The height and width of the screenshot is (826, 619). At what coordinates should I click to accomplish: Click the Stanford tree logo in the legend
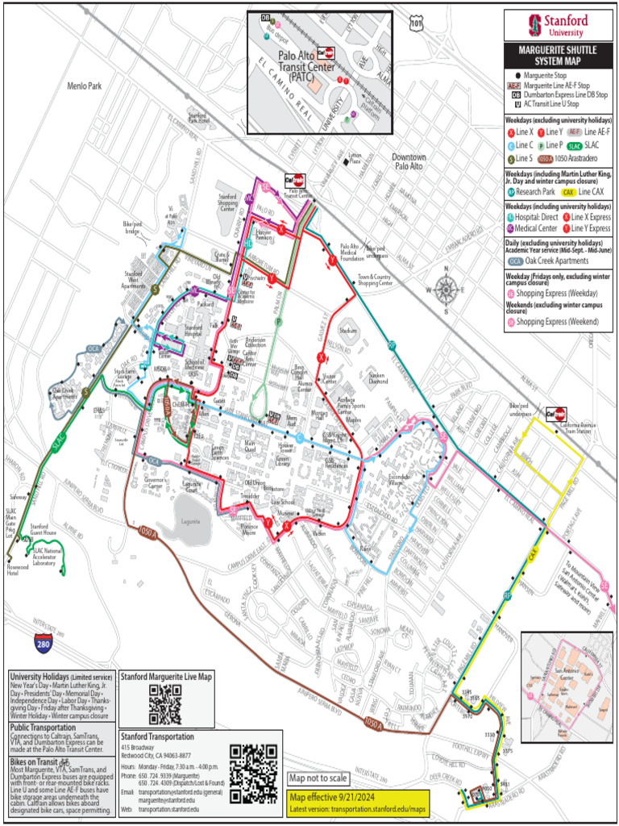pos(534,23)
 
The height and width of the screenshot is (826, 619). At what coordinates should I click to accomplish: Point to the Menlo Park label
pos(85,85)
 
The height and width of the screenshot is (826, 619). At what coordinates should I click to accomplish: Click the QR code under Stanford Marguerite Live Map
pos(165,703)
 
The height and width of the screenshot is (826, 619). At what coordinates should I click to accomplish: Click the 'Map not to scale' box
pos(319,778)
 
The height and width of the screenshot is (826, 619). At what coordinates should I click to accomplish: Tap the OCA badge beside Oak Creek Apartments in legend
pos(516,261)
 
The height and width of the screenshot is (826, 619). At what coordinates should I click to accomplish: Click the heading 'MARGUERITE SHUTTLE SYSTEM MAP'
pos(552,54)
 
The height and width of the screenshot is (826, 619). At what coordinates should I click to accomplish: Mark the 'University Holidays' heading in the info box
pos(37,676)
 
